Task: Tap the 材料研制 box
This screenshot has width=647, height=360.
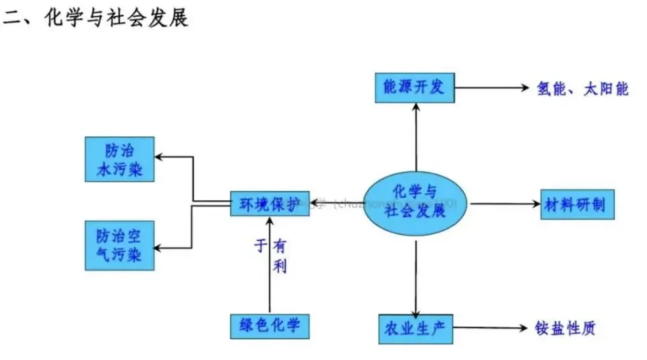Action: [x=578, y=204]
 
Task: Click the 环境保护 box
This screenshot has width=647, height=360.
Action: [x=269, y=204]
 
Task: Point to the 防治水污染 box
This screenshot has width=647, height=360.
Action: [x=119, y=159]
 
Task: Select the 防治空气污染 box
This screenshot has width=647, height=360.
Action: [x=119, y=245]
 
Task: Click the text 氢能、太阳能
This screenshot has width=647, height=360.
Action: [x=582, y=88]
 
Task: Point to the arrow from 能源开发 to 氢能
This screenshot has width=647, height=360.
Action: [x=489, y=88]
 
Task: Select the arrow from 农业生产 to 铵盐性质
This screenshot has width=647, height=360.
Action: [x=489, y=328]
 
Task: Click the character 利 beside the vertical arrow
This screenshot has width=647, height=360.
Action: [x=280, y=266]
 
